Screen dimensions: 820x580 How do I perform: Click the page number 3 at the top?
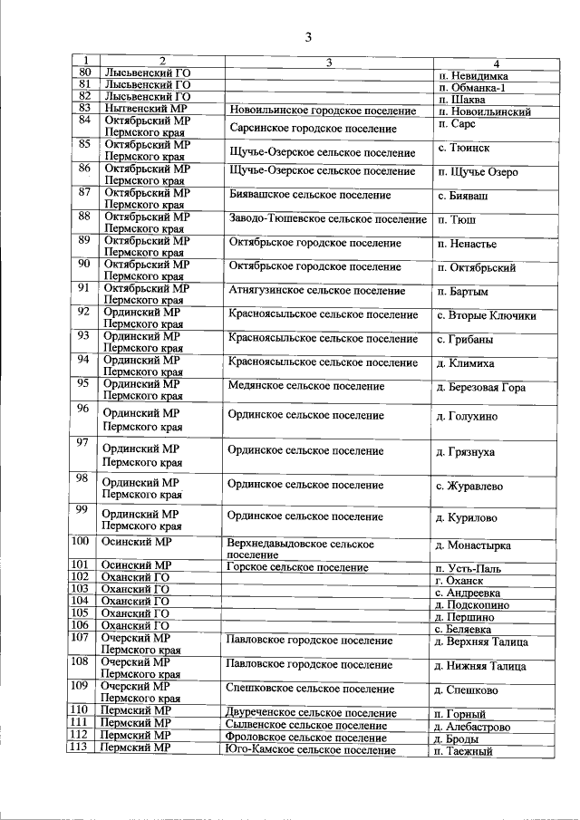(308, 37)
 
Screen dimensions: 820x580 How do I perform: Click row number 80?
(86, 72)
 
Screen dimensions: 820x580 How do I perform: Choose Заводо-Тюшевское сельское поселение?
(328, 219)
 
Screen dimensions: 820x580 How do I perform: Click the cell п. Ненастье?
(466, 245)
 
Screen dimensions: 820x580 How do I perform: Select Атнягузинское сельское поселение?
(316, 291)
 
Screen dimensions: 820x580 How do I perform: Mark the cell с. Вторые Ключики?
(486, 316)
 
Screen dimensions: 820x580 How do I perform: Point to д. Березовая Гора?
(480, 388)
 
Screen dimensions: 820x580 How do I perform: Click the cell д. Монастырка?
(473, 545)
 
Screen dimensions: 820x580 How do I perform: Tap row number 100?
(82, 542)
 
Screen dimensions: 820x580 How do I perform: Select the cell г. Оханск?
(459, 580)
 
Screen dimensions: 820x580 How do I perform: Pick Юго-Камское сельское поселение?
(311, 750)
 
